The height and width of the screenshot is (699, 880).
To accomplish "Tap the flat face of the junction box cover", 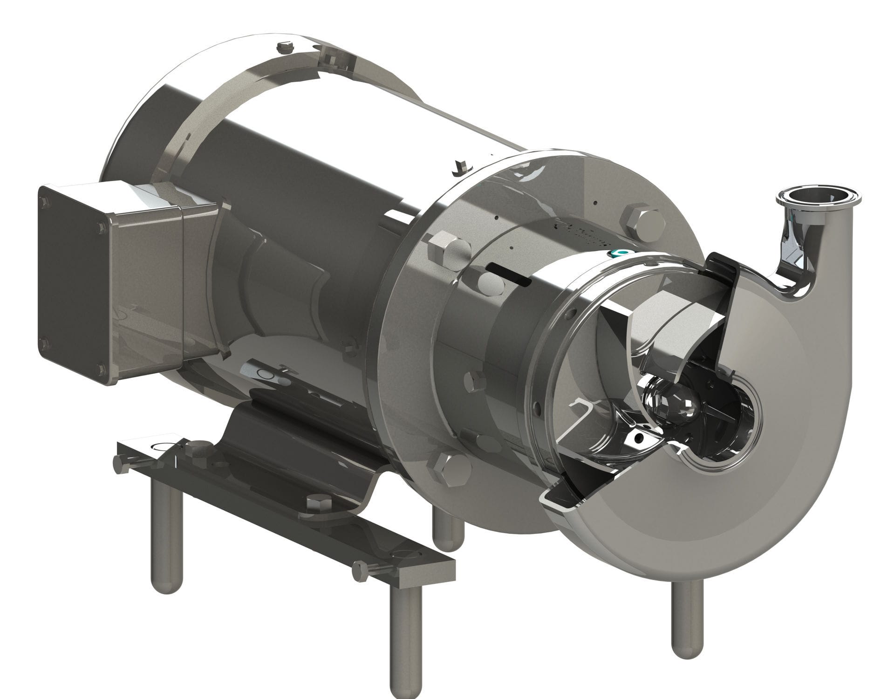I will click(75, 284).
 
